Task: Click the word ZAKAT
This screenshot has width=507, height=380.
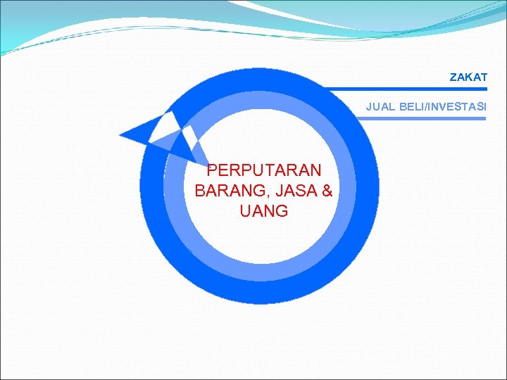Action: click(468, 77)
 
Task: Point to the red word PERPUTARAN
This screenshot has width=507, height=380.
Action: click(265, 170)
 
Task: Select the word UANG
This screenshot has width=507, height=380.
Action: click(264, 211)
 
